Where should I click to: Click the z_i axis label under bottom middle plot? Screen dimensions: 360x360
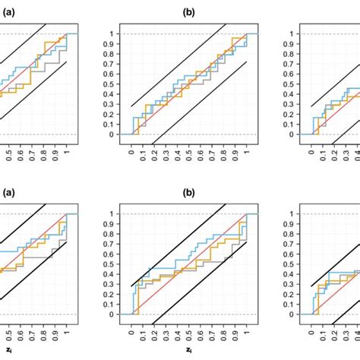tap(188, 351)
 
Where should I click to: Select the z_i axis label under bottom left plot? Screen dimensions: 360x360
tap(7, 351)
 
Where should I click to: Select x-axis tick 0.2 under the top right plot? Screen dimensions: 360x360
tap(334, 156)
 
